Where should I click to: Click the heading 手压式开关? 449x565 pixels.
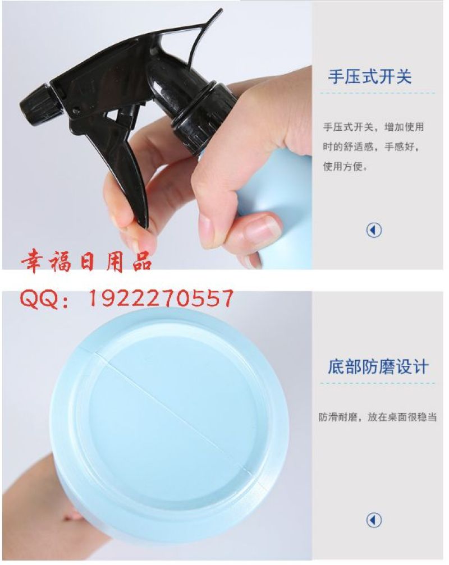tap(369, 77)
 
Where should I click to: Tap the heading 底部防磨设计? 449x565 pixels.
tap(378, 367)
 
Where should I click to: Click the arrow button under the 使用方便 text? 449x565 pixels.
tap(374, 230)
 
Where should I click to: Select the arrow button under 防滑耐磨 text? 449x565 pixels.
tap(374, 520)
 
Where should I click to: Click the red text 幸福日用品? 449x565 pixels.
tap(86, 262)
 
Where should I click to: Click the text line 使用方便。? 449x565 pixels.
tap(346, 167)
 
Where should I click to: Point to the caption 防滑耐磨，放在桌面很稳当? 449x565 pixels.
tap(377, 417)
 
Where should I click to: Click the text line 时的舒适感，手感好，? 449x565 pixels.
tap(371, 146)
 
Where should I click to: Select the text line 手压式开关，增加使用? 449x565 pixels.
tap(373, 127)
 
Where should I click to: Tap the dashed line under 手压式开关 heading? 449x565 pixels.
tap(377, 93)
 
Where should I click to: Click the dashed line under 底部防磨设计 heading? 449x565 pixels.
tap(377, 383)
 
